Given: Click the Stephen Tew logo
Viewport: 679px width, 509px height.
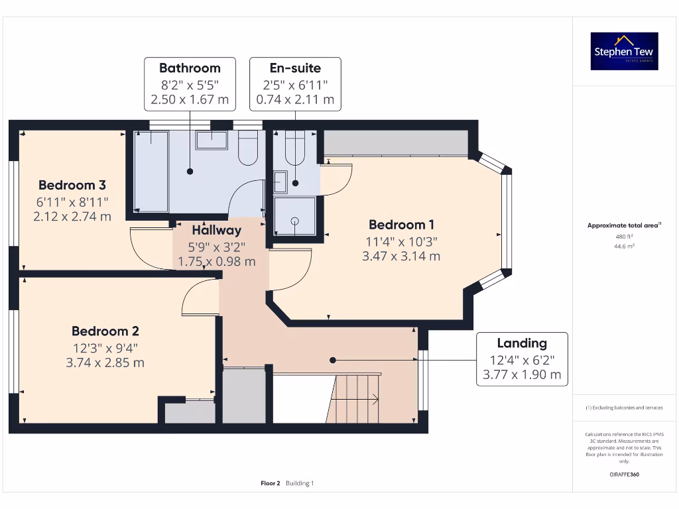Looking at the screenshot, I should (x=624, y=52).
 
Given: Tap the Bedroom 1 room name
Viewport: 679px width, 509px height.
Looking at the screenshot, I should (x=401, y=225).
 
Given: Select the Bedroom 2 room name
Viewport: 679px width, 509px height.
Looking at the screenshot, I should (x=105, y=331).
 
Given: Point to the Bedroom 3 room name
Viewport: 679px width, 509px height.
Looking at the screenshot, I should (x=72, y=185).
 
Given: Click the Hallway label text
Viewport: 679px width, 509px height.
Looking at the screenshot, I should (x=217, y=231).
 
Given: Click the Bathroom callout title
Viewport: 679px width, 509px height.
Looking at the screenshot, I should (x=190, y=68).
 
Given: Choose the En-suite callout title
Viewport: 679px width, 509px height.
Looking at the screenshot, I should (x=295, y=68).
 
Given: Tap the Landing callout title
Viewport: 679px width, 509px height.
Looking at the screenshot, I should (x=522, y=343).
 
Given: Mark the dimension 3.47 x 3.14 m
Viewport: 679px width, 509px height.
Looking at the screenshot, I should (x=401, y=256).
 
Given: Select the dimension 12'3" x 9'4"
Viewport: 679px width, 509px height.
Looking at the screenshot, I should (x=105, y=347).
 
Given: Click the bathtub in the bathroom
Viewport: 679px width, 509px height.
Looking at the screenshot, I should (x=151, y=170).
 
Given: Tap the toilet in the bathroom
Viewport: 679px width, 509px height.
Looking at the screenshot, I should (x=247, y=147).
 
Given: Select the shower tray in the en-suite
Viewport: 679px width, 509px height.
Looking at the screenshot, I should (x=294, y=217).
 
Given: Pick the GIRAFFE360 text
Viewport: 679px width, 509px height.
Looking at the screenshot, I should (x=624, y=475).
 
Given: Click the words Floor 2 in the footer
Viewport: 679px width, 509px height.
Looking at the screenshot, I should (x=271, y=483).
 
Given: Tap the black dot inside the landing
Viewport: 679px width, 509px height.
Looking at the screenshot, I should (x=334, y=360).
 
